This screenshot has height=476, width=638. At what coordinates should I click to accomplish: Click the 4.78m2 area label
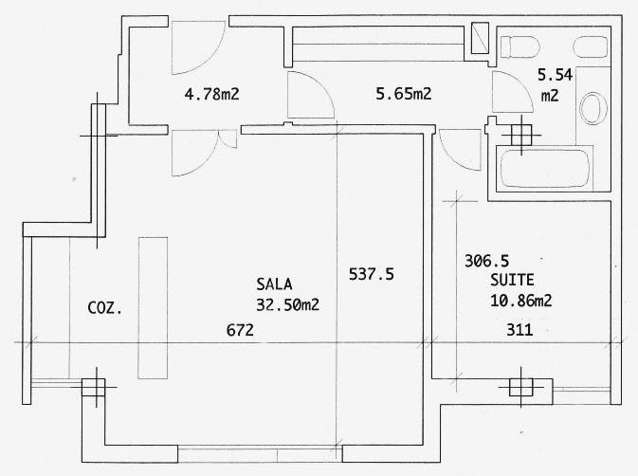211,95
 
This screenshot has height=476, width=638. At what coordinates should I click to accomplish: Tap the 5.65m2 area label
403,94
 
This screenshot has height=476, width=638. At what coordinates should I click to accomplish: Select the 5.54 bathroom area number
555,75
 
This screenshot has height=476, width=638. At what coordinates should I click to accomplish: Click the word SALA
274,284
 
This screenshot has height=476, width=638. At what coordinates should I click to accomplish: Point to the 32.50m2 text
287,304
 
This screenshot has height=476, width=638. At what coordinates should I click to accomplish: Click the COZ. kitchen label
105,308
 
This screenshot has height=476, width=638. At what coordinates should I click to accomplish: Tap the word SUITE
512,280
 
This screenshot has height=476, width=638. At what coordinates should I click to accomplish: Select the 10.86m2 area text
520,301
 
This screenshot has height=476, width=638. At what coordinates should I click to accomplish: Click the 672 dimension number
240,330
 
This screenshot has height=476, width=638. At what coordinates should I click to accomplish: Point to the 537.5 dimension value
372,274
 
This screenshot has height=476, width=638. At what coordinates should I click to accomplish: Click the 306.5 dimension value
486,261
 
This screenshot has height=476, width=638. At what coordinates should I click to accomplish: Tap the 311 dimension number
520,330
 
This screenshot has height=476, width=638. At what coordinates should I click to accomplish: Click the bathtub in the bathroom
545,169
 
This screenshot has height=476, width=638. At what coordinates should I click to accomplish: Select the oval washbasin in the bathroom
593,109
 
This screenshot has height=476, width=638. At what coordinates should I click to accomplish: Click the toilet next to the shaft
520,46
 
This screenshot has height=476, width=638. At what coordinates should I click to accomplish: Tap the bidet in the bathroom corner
591,46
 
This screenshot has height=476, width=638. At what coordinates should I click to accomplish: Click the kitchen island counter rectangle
153,308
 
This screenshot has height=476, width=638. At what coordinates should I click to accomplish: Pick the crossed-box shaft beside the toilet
480,38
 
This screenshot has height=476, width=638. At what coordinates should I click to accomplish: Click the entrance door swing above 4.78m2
198,48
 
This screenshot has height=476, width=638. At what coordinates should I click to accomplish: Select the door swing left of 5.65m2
311,95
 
